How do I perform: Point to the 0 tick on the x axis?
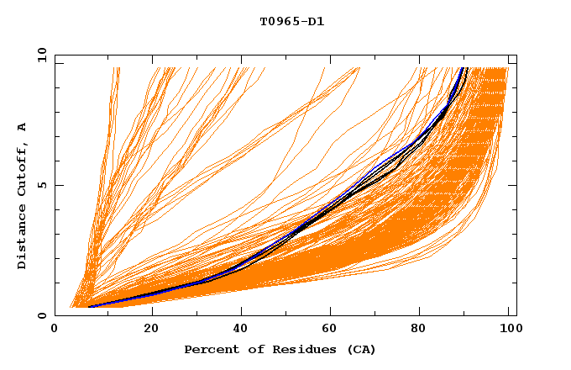[55, 330]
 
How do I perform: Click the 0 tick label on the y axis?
[42, 315]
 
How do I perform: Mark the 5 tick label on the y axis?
[42, 185]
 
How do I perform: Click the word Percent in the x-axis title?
[209, 349]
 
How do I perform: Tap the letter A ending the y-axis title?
[22, 126]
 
